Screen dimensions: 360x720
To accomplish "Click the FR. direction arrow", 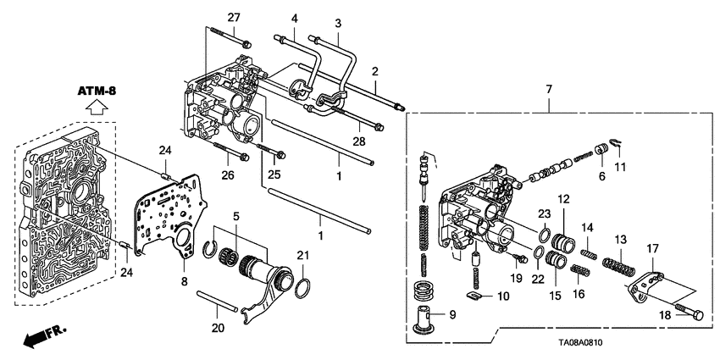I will (42, 338).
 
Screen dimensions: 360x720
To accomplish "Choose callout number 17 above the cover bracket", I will (652, 248).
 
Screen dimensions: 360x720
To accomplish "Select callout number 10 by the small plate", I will (504, 296).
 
